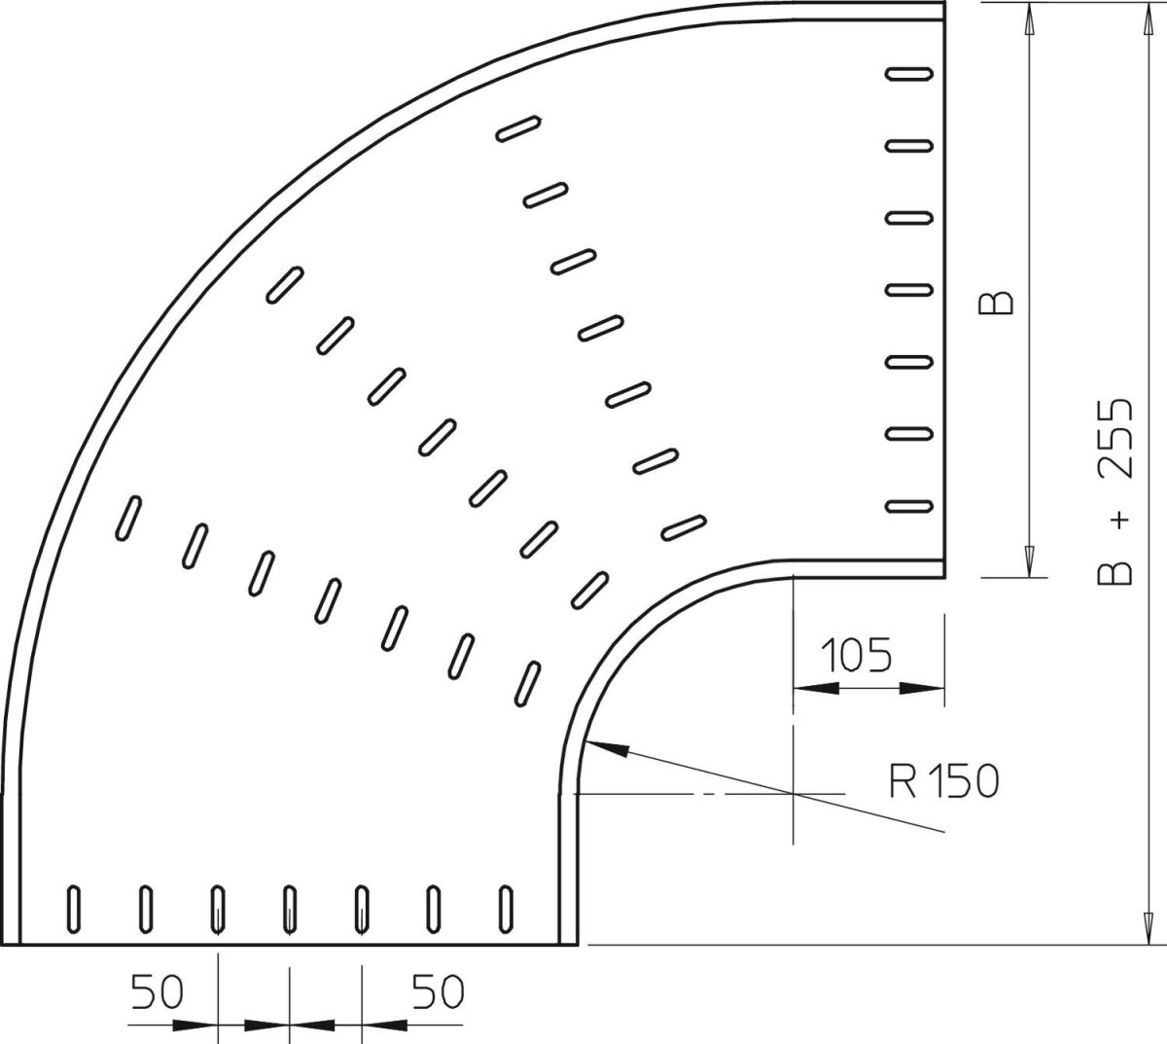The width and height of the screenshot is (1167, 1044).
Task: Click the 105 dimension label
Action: pos(856,657)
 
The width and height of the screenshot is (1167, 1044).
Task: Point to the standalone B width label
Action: pos(996,304)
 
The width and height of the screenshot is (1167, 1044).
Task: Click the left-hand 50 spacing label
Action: pos(158,992)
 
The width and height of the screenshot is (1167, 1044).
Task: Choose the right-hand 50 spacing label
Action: pos(437,992)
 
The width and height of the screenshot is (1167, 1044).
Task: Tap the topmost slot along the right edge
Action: pos(909,73)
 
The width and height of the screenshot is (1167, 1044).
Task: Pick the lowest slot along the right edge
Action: pos(909,506)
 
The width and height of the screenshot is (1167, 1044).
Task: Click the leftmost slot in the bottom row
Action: pos(74,909)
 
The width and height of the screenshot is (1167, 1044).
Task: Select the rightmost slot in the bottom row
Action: pos(506,909)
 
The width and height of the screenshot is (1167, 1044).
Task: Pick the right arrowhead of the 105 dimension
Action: pos(922,688)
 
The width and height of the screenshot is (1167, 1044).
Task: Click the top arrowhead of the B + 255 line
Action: pos(1148,15)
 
